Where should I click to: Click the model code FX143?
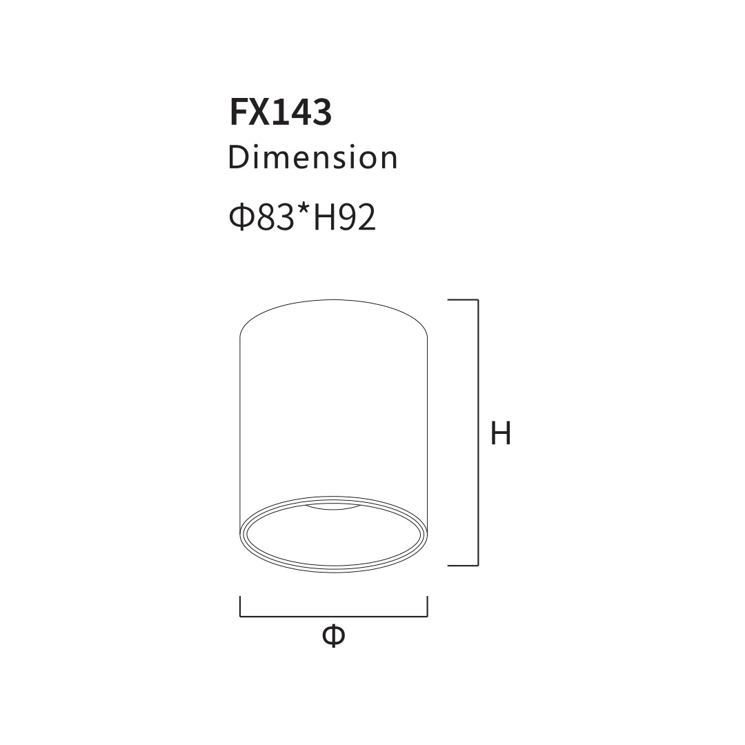coord(280,112)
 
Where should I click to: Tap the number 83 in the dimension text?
coord(275,217)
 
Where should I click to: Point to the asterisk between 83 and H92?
coord(303,210)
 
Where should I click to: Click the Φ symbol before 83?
coord(242,217)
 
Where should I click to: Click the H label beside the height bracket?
coord(501,433)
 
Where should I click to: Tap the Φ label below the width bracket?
coord(333,635)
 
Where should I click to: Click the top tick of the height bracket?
coord(463,300)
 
